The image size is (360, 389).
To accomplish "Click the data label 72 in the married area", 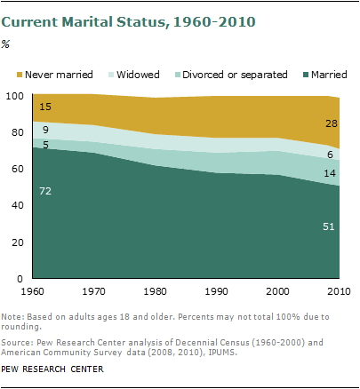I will coord(44,190).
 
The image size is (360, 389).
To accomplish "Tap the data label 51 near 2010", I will coord(326,226).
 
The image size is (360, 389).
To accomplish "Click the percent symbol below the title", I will coord(9,43).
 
